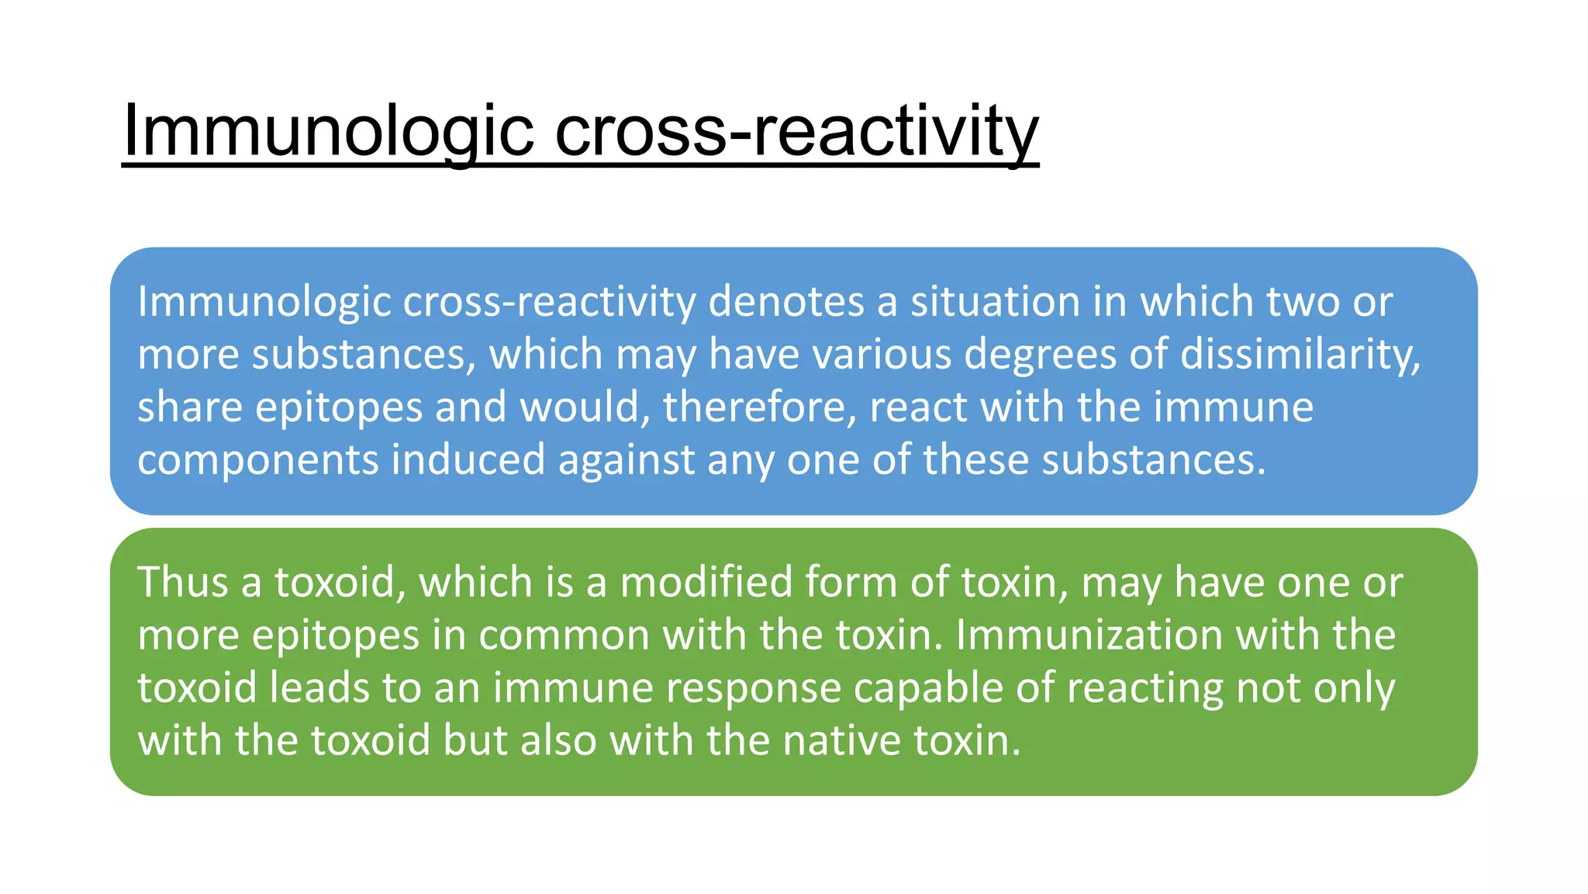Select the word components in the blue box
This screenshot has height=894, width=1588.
click(258, 459)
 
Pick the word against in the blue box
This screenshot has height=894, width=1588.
click(627, 459)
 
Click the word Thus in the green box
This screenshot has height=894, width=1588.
click(183, 582)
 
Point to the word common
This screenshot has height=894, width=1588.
click(564, 635)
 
